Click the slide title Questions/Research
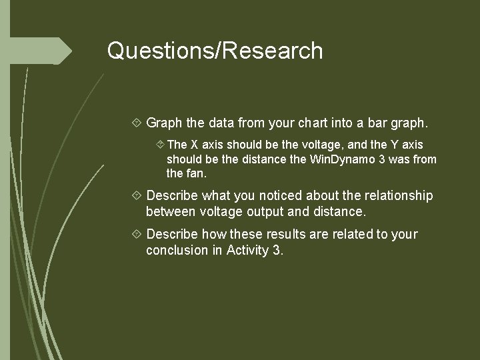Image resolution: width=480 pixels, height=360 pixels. click(x=215, y=51)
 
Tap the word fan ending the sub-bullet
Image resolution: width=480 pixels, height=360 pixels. click(x=197, y=174)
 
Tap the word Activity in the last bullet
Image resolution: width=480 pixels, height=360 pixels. click(x=248, y=251)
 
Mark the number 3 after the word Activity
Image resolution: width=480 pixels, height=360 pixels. click(x=277, y=251)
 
